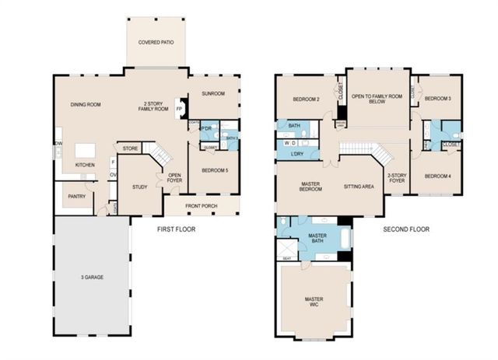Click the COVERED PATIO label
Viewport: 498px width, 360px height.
(x=156, y=42)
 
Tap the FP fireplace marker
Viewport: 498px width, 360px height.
(x=179, y=110)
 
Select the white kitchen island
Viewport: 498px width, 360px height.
(x=85, y=149)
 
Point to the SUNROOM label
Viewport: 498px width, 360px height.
(x=212, y=93)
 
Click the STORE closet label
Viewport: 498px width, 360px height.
(x=130, y=147)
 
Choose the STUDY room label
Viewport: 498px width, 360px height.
(x=139, y=187)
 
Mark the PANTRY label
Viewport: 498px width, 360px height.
(x=76, y=197)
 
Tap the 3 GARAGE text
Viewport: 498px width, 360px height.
(x=92, y=278)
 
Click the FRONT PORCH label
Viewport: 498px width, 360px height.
(x=201, y=206)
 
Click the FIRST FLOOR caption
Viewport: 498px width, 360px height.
(x=176, y=229)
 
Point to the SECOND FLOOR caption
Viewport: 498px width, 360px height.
(x=406, y=229)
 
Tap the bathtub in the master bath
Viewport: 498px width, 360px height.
(x=338, y=235)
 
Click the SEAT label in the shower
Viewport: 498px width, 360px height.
(x=286, y=258)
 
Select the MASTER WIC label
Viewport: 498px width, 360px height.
(x=315, y=303)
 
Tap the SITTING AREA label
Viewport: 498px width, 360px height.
(x=359, y=187)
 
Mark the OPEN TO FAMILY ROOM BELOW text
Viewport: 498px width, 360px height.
(x=378, y=99)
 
